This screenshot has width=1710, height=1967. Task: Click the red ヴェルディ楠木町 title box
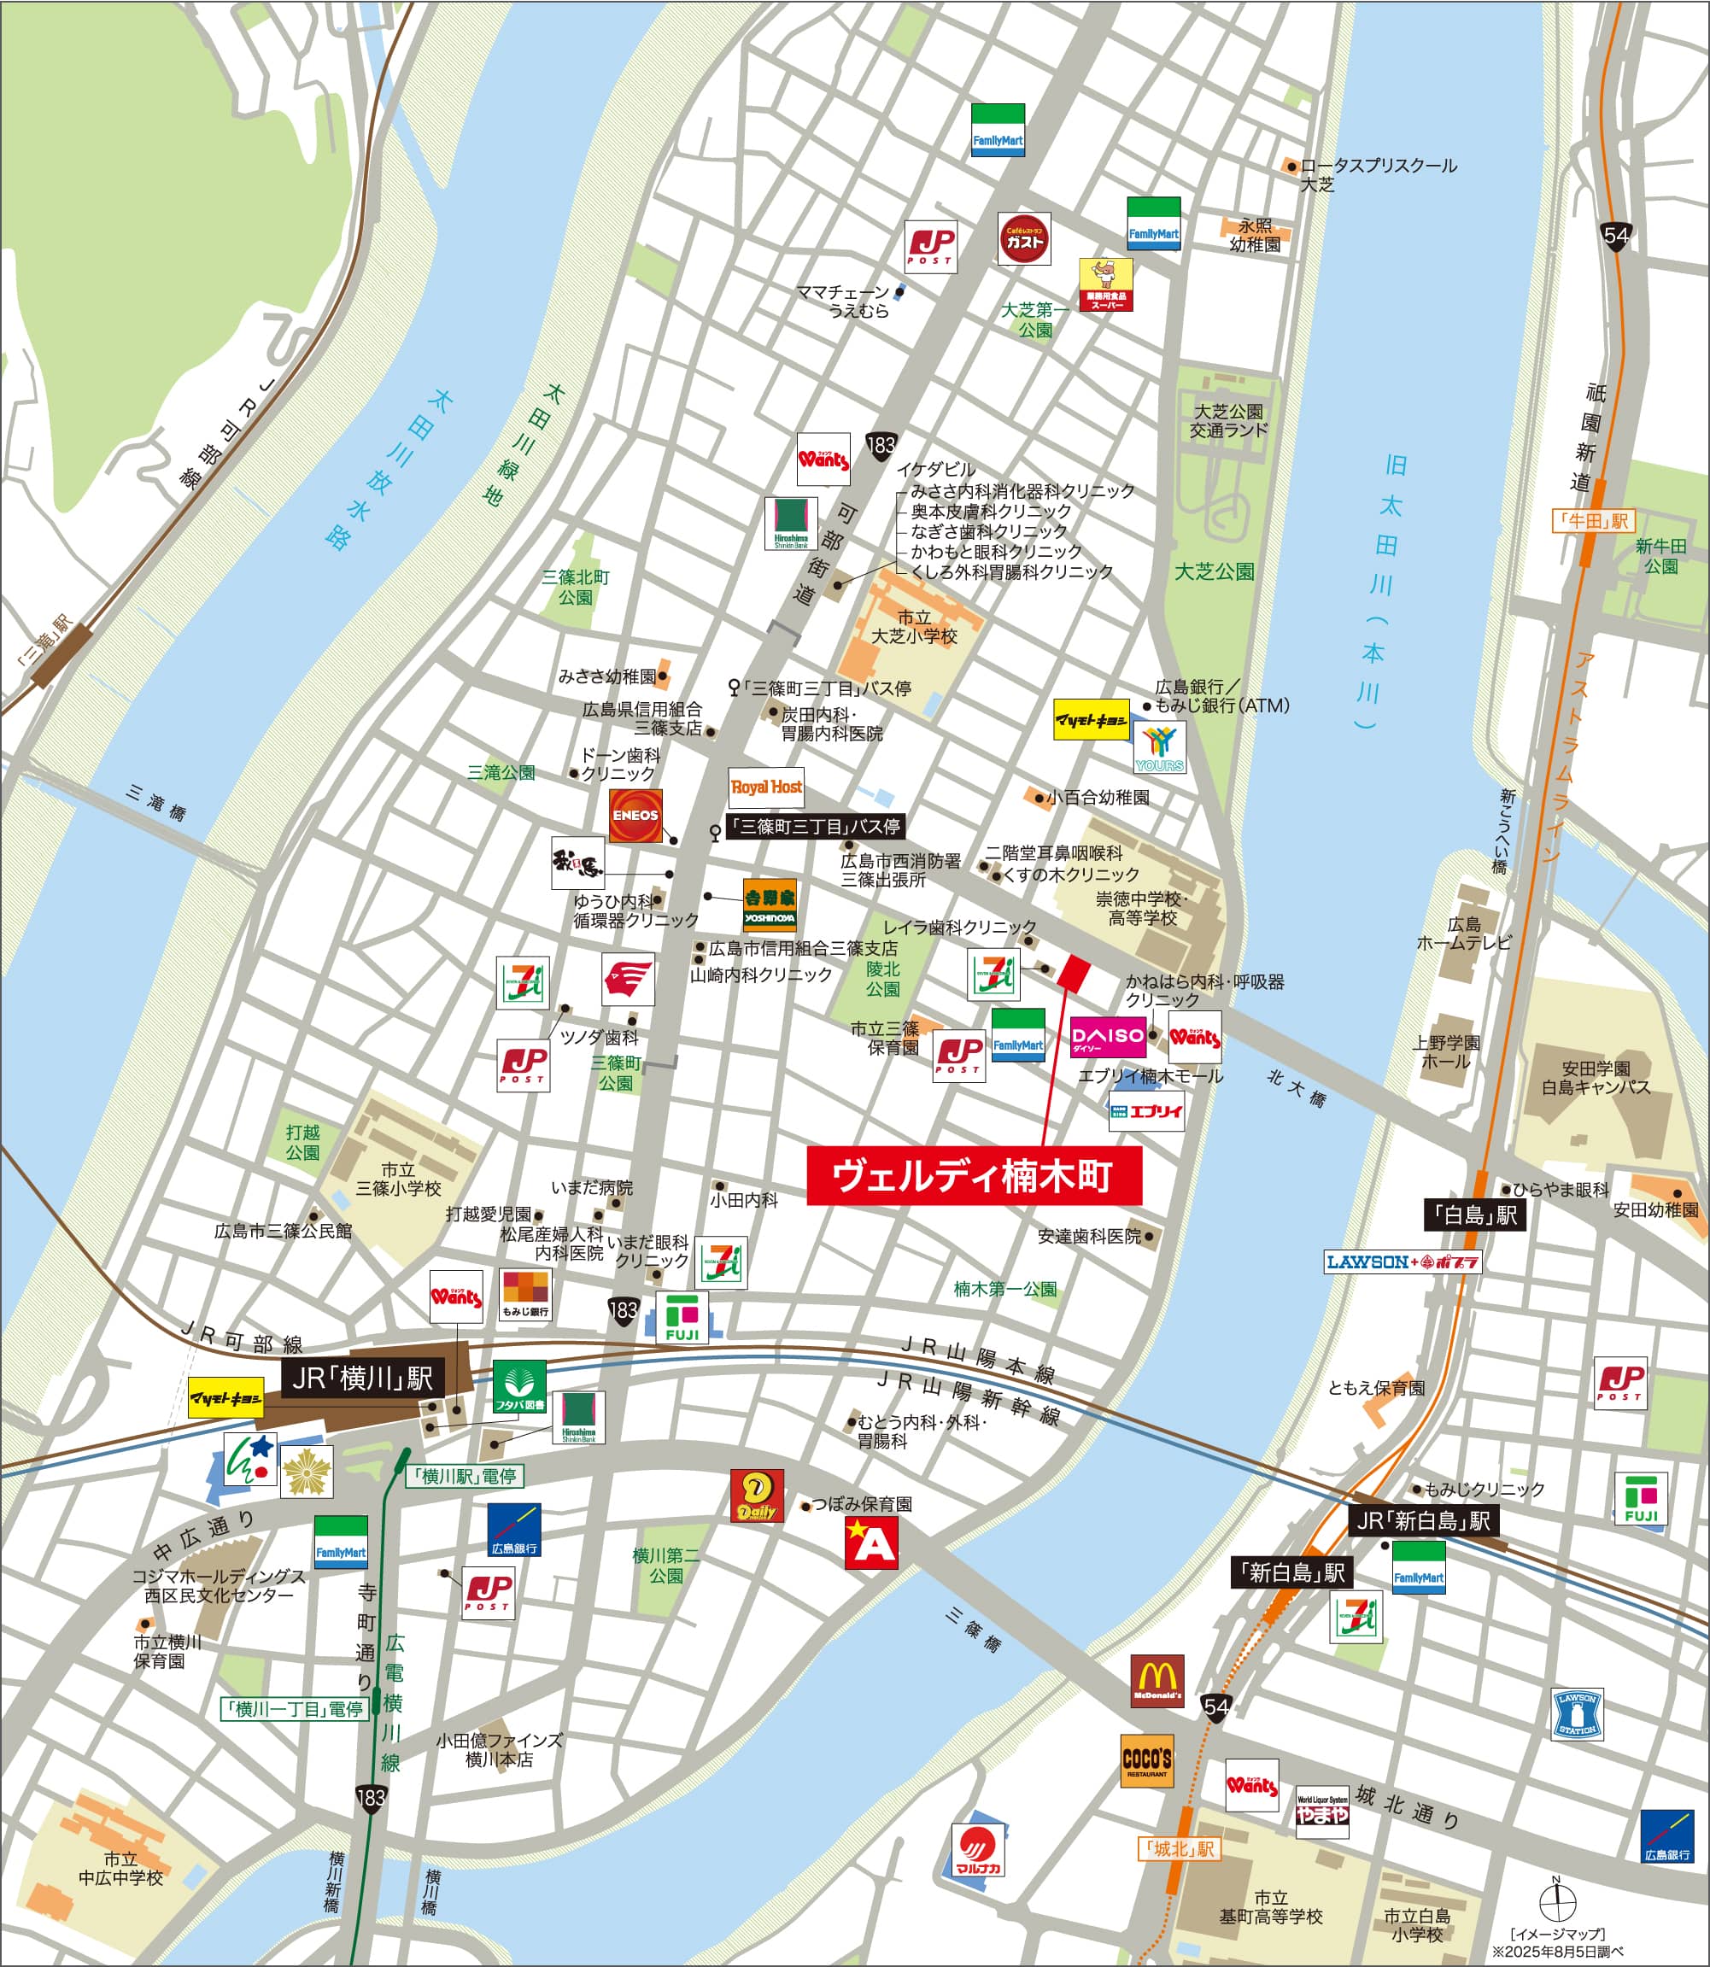point(974,1176)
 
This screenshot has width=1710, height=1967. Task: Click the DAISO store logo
point(1107,1037)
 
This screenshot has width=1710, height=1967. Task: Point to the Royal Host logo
point(766,788)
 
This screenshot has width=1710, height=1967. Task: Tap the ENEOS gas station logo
point(635,816)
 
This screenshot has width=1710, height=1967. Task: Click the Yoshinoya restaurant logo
point(769,905)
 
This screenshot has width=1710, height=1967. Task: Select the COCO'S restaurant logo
point(1147,1761)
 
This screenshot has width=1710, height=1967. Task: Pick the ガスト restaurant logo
point(1025,238)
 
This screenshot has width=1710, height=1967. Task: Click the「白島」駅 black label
point(1475,1215)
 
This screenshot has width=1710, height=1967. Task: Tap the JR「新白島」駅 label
point(1423,1520)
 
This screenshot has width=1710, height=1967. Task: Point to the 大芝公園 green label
point(1214,571)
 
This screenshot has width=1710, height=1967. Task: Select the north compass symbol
point(1556,1905)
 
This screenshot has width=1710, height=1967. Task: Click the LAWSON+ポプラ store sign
point(1402,1262)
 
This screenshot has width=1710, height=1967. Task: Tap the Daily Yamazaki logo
point(757,1496)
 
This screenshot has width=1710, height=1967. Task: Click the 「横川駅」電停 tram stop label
point(466,1476)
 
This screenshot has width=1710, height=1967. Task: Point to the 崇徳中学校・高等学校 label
point(1141,908)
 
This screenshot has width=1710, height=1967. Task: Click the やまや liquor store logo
point(1321,1812)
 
